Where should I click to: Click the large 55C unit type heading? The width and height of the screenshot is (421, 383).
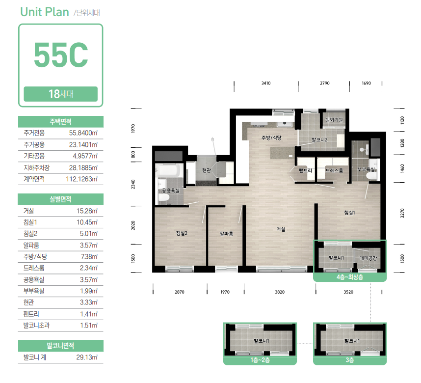[x=61, y=55]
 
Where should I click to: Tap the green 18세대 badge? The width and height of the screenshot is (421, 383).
[x=61, y=94]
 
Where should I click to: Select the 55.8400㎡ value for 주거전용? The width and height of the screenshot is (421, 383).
[x=83, y=133]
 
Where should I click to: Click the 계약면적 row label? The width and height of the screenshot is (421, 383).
[x=34, y=179]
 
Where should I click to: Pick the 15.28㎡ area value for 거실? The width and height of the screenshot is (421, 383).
[x=87, y=211]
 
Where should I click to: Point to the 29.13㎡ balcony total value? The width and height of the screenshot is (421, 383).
[x=87, y=357]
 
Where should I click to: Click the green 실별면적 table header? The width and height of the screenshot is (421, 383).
[x=61, y=199]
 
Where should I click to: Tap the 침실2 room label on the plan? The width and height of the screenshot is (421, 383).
[x=182, y=233]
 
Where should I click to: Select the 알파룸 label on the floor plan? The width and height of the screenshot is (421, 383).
[x=226, y=234]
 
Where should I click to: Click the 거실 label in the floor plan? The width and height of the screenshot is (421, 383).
[x=281, y=229]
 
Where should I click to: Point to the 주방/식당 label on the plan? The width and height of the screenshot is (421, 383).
[x=271, y=138]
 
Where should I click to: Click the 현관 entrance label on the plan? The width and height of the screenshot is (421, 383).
[x=207, y=170]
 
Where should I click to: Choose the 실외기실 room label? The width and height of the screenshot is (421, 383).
[x=334, y=120]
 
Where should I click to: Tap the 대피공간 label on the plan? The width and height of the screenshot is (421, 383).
[x=368, y=258]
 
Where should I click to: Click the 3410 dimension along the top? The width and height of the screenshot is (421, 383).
[x=266, y=83]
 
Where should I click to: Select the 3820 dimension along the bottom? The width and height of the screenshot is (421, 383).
[x=280, y=292]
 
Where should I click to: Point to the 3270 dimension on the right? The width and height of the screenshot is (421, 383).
[x=402, y=213]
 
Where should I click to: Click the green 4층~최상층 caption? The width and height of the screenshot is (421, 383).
[x=350, y=277]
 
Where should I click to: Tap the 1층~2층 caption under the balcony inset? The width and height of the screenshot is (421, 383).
[x=260, y=360]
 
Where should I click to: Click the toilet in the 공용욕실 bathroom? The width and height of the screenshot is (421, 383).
[x=163, y=198]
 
